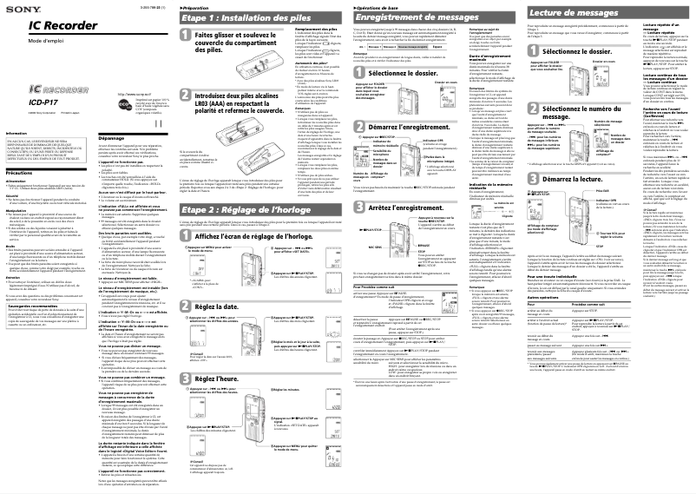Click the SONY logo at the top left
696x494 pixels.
click(x=18, y=10)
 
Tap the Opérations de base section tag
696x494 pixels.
click(x=377, y=6)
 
